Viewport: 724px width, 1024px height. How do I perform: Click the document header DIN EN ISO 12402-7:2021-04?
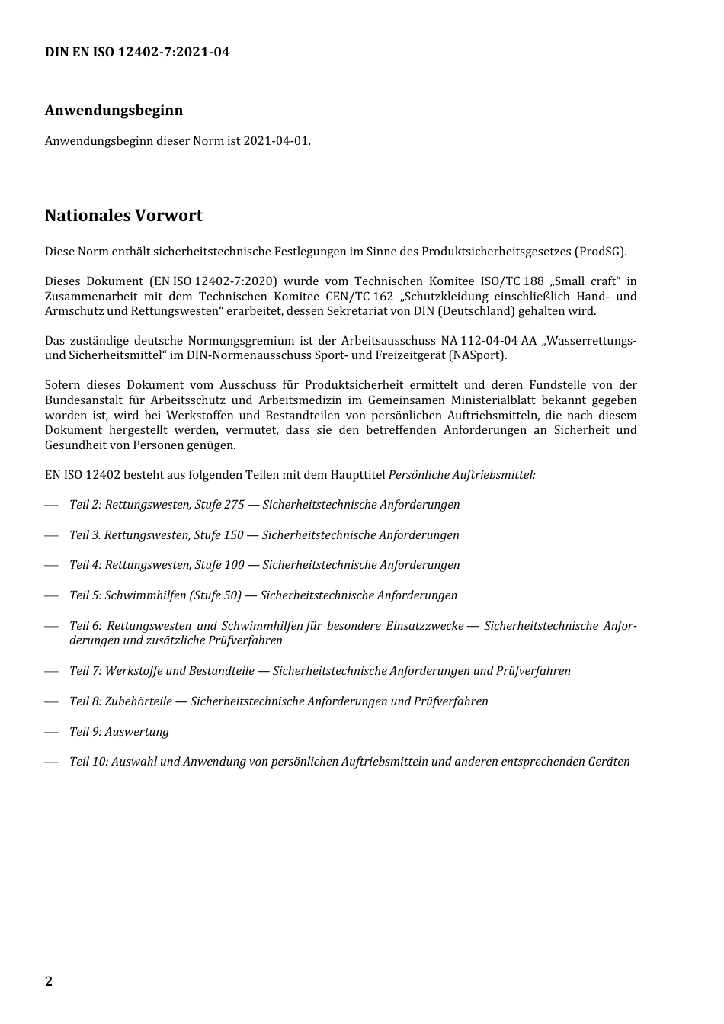137,53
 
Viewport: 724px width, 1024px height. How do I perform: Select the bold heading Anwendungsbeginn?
114,111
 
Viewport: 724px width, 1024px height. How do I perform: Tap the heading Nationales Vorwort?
123,216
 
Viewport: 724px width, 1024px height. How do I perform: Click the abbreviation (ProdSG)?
601,252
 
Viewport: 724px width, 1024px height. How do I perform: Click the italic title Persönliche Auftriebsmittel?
461,475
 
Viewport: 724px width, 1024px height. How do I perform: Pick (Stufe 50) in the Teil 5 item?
215,595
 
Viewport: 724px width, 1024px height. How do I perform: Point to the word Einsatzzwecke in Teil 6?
424,626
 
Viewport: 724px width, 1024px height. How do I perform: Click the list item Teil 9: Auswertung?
119,732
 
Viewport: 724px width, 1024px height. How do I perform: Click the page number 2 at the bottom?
49,981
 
